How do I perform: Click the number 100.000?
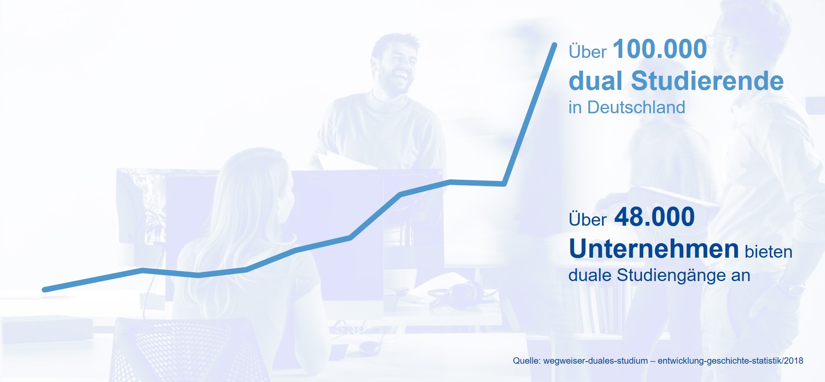[659, 49]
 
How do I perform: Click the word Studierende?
[707, 81]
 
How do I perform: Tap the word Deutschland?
[636, 107]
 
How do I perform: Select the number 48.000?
[654, 217]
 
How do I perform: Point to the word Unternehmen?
[654, 249]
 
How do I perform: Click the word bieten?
[768, 252]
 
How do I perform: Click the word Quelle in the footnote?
[526, 361]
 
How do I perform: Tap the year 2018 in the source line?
[793, 361]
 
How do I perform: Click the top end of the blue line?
[554, 44]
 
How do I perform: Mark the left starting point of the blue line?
[44, 290]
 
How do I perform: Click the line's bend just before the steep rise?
[504, 184]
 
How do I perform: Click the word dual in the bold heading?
[596, 81]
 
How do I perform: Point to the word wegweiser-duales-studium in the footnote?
[596, 361]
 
